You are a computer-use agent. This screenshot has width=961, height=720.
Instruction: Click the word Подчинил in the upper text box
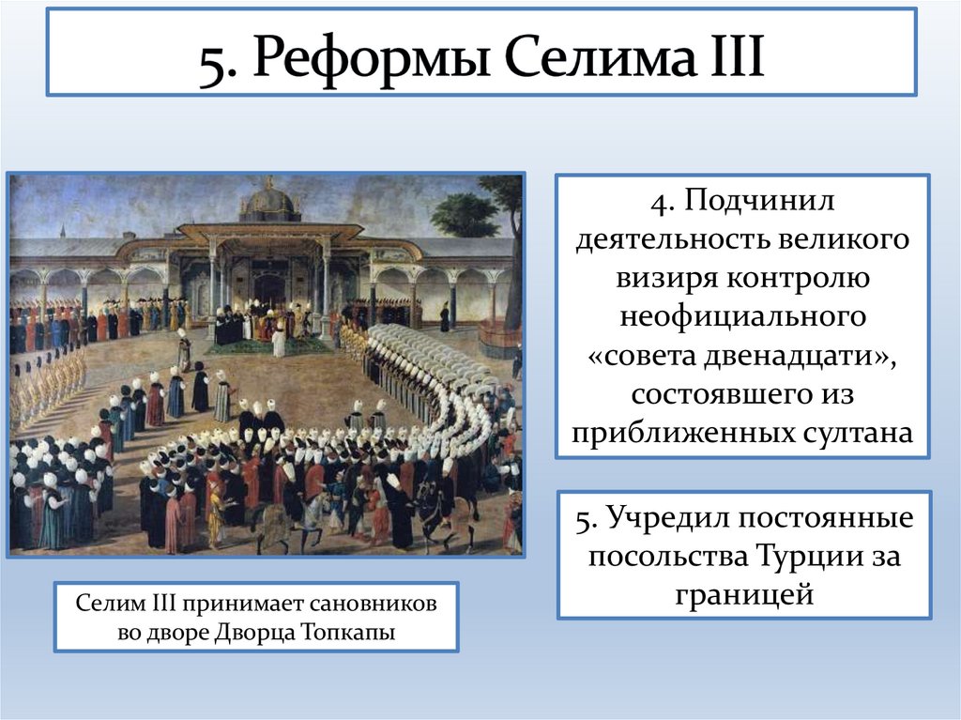(758, 200)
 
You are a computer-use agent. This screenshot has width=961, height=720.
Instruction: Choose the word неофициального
(742, 316)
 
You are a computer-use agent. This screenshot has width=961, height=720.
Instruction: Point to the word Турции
(801, 556)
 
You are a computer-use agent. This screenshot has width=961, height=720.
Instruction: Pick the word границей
(744, 595)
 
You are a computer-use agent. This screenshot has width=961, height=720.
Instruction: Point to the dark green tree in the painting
(465, 214)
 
